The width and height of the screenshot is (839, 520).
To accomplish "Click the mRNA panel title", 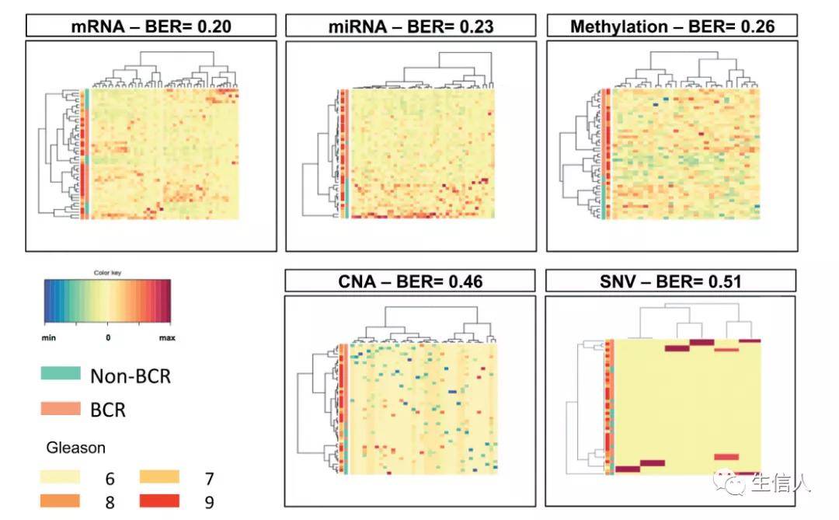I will tap(151, 27).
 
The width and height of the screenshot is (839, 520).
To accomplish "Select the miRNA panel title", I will tap(410, 27).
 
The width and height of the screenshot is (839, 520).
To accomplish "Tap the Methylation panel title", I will tap(672, 27).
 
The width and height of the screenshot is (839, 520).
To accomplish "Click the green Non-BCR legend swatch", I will tap(61, 374).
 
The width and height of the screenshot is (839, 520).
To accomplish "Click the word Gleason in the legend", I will tap(76, 448).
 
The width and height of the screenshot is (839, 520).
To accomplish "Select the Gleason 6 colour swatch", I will tap(61, 476).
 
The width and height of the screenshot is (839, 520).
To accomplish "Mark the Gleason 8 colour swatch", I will tap(61, 501).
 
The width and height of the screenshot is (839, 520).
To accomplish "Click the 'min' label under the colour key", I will tap(49, 338).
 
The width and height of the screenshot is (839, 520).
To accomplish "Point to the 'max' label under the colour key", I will tap(167, 338).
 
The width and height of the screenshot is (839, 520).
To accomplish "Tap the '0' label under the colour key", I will tap(108, 338).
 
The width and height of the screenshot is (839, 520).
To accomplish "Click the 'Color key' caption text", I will tap(107, 273).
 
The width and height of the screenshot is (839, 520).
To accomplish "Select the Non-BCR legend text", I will tap(131, 376).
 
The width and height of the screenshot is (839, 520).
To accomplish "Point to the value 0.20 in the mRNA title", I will tap(210, 27).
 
